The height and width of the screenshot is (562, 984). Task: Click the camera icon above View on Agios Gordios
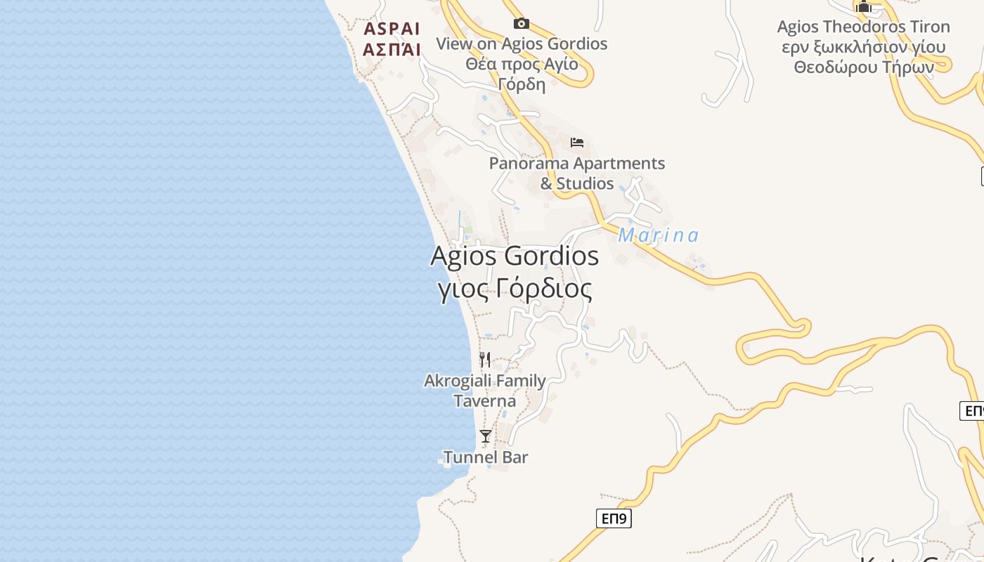pos(521,24)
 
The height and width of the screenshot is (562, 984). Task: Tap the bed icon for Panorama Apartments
pos(577,143)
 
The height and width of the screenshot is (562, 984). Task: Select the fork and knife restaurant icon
pos(485,360)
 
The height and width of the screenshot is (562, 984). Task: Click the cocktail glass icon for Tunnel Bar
pos(485,436)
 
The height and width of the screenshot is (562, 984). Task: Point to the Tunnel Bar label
pos(486,457)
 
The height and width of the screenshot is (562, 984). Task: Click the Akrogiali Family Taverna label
pos(485,391)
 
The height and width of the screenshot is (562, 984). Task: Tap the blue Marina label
pos(659,235)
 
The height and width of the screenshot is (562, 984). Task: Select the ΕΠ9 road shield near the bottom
pos(614,519)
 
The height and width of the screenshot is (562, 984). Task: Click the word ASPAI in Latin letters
pos(391,29)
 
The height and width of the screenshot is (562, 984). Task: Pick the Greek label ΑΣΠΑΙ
pos(391,49)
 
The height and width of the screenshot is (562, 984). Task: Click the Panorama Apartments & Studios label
pos(577,173)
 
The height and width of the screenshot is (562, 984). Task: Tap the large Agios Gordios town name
pos(514,256)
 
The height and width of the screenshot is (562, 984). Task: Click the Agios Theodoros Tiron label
pos(863,27)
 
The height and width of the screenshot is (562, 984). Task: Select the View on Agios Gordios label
pos(522,44)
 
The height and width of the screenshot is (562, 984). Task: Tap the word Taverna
pos(485,401)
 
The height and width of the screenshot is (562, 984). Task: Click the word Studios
pos(585,183)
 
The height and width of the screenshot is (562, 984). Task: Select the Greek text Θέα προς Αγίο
pos(522,64)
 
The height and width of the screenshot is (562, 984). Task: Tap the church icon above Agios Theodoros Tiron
pos(864,7)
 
